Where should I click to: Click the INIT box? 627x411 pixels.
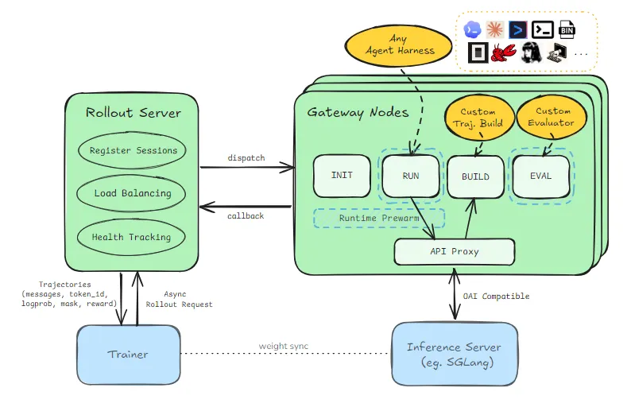342,176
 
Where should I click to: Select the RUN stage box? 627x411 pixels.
411,176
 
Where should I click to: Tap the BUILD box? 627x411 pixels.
475,177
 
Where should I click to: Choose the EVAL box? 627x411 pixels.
541,176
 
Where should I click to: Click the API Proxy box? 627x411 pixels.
455,252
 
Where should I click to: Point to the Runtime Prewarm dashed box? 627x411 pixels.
379,218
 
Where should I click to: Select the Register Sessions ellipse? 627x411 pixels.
133,150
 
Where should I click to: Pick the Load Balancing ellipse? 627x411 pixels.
132,193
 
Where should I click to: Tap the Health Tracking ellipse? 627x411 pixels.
131,237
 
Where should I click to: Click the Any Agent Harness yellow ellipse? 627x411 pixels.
398,45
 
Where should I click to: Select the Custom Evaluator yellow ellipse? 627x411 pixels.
552,117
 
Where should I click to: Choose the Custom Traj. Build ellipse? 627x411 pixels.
479,118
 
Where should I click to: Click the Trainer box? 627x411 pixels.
129,355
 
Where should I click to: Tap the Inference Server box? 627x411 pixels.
455,355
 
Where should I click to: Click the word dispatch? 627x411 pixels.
246,158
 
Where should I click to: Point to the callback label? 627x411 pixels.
246,216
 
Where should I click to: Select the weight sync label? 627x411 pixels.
284,346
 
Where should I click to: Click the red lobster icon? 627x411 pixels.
504,52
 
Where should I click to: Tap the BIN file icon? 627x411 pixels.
567,29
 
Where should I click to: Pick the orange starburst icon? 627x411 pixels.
495,29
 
